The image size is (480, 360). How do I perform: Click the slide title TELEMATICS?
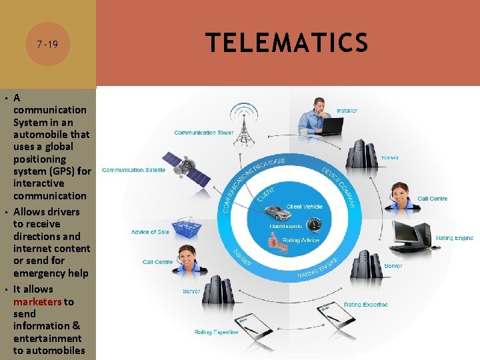point(287,43)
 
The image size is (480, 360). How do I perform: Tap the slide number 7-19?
point(47,45)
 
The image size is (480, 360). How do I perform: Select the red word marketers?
point(37,302)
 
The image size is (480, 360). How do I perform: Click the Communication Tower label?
point(204,133)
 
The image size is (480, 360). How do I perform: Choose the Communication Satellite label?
point(134,170)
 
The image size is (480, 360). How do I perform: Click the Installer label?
point(347,111)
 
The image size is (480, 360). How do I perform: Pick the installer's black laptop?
point(331,126)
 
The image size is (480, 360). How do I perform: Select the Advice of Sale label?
point(150,232)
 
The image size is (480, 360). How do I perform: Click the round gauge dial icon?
point(315,225)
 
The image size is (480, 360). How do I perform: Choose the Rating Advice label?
point(302,240)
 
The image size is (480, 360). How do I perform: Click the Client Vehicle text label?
point(304,207)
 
